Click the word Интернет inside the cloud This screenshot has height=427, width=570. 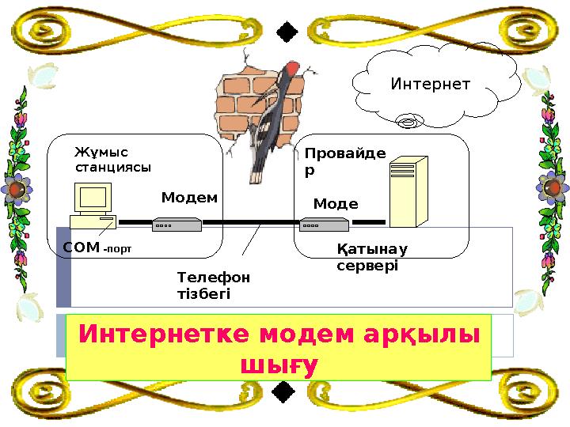(x=431, y=84)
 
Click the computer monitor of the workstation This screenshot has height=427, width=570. (x=93, y=198)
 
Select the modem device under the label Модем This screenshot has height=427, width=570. (x=177, y=224)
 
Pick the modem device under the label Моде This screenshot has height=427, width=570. (x=327, y=224)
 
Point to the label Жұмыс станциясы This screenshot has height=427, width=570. (x=112, y=159)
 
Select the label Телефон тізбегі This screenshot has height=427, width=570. (x=213, y=285)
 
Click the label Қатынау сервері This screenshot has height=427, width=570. (x=371, y=258)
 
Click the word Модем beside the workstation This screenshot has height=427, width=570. (x=189, y=198)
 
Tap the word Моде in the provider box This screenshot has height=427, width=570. (x=336, y=204)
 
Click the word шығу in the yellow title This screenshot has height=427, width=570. (x=278, y=365)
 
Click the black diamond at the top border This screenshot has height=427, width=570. (x=287, y=31)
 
